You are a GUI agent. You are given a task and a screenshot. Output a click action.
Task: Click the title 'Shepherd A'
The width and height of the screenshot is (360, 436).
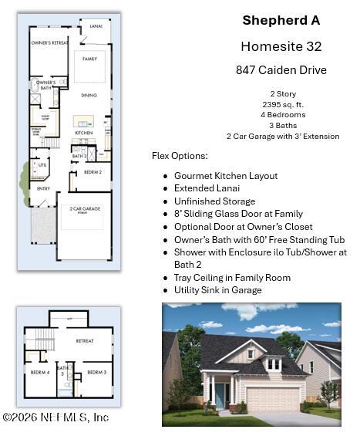pyautogui.click(x=281, y=20)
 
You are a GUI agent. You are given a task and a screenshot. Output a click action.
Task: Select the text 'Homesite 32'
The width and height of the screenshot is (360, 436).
pyautogui.click(x=281, y=46)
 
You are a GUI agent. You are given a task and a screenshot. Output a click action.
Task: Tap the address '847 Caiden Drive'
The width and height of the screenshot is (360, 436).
pyautogui.click(x=281, y=70)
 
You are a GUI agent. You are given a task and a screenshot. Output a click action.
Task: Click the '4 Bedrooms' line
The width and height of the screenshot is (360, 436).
pyautogui.click(x=282, y=114)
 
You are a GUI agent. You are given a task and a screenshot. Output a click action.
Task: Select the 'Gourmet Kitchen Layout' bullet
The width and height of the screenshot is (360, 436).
pyautogui.click(x=226, y=176)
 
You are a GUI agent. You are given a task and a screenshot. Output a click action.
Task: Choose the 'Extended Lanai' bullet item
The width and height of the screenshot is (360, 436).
pyautogui.click(x=207, y=188)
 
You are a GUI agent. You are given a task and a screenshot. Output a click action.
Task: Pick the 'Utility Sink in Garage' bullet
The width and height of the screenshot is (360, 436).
pyautogui.click(x=217, y=290)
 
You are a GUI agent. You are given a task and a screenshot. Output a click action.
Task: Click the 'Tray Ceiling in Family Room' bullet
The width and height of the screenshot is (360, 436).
pyautogui.click(x=232, y=278)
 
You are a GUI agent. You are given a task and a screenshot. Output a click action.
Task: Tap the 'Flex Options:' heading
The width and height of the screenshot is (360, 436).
pyautogui.click(x=180, y=156)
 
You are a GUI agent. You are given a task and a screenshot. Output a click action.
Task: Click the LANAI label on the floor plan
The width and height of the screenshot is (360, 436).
pyautogui.click(x=96, y=25)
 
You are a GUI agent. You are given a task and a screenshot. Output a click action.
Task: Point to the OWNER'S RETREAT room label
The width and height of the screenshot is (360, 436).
pyautogui.click(x=49, y=43)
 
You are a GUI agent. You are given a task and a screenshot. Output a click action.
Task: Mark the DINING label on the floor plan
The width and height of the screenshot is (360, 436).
pyautogui.click(x=89, y=95)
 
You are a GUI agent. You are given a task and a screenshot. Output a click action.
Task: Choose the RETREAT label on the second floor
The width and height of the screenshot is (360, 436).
pyautogui.click(x=85, y=340)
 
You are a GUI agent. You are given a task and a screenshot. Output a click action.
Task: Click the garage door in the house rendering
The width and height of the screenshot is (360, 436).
pyautogui.click(x=271, y=399)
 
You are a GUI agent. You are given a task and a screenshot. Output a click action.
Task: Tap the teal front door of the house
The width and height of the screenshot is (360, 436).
pyautogui.click(x=220, y=394)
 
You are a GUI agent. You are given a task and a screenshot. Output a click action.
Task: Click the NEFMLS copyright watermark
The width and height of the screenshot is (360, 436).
pyautogui.click(x=56, y=417)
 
